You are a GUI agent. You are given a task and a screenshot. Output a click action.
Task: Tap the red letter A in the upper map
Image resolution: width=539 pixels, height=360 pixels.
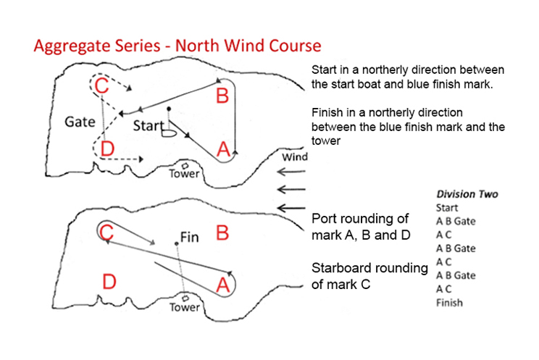224,149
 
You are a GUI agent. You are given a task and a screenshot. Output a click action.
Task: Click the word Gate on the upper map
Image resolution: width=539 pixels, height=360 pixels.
80,121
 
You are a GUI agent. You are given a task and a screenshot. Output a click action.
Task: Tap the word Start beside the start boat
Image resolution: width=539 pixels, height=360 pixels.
148,125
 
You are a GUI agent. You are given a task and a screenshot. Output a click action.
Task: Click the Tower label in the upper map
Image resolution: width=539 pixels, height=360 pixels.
184,174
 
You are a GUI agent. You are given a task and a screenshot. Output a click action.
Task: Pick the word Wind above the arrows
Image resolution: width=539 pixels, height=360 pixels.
296,157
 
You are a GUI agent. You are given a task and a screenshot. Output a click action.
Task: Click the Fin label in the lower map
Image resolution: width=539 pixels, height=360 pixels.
189,236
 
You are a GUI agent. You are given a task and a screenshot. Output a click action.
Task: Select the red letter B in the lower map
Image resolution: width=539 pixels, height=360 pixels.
222,233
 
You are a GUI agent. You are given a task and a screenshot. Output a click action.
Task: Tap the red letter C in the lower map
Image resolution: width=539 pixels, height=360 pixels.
106,233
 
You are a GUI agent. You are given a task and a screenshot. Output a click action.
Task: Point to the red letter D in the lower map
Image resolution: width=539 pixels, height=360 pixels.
108,282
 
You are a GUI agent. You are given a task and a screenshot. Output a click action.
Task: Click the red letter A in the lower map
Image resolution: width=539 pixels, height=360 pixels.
224,285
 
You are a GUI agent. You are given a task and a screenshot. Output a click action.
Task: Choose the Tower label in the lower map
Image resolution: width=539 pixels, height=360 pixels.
184,307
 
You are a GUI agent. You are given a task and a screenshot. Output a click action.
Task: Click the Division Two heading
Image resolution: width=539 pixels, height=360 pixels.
467,194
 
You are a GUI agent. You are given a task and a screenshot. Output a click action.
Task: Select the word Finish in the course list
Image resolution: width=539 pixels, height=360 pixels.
450,303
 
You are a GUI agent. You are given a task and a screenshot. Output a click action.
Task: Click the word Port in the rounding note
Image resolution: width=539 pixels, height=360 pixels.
324,218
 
